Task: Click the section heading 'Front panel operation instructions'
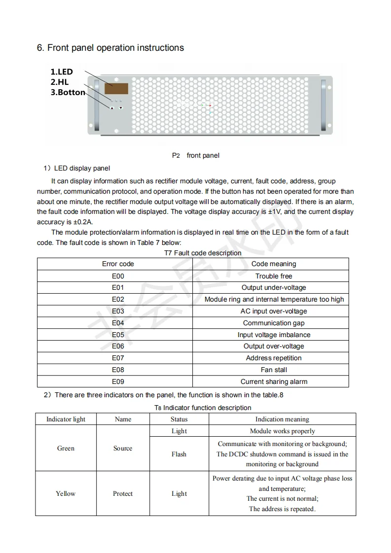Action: (x=110, y=48)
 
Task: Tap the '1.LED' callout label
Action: (x=62, y=72)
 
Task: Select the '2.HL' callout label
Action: (x=60, y=82)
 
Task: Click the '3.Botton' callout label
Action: (x=68, y=92)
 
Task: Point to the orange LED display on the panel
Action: (x=116, y=89)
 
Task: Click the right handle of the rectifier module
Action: (x=323, y=105)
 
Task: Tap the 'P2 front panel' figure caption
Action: (x=195, y=155)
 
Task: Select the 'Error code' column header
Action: (x=118, y=264)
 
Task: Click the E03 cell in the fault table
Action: (x=118, y=311)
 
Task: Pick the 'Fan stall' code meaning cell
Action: (x=274, y=370)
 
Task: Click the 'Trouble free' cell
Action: (x=274, y=276)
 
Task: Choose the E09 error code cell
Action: (x=118, y=381)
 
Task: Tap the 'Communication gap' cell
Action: (x=274, y=323)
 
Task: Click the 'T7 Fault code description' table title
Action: (x=203, y=253)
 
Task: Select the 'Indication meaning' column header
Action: (x=282, y=419)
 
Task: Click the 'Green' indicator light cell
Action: (x=66, y=448)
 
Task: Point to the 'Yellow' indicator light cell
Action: (x=66, y=493)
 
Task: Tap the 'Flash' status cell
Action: (x=179, y=454)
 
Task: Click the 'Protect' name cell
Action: (x=123, y=493)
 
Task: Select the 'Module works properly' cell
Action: (x=282, y=431)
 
